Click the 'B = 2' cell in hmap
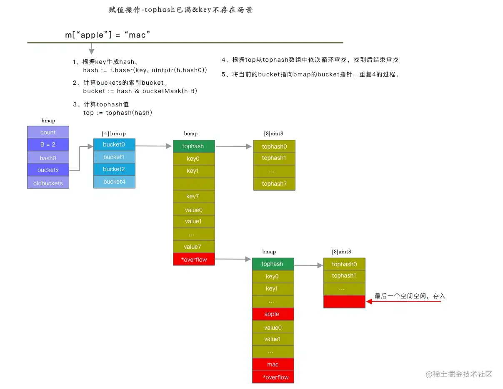48,145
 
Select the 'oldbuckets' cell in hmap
48,183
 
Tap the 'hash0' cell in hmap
48,158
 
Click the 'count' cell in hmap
48,132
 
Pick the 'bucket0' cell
114,144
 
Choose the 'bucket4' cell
114,182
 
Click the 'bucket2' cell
114,169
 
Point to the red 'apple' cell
273,314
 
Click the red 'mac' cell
273,364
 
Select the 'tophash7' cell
274,184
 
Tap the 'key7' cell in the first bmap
193,196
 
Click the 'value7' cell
193,247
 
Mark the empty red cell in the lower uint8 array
344,301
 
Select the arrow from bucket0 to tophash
153,146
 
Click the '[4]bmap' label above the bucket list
114,134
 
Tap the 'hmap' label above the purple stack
48,121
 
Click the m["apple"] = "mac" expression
107,35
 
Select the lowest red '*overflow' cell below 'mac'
273,377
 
